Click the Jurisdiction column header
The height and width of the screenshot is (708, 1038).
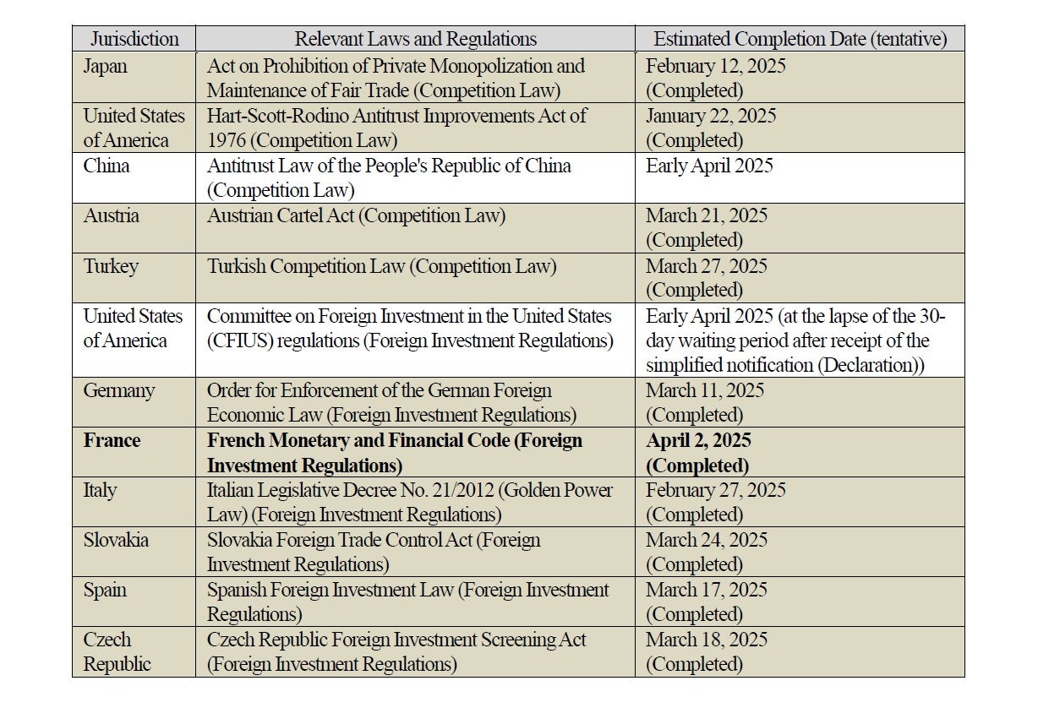[x=134, y=39]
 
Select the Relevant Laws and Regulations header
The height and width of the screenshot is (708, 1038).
[x=415, y=39]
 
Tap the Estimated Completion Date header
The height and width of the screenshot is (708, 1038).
[x=800, y=39]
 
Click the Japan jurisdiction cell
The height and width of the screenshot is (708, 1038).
[x=104, y=66]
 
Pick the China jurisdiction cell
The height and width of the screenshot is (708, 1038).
[x=107, y=166]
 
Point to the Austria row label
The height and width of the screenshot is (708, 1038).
[x=111, y=215]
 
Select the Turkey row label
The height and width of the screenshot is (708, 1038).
[x=111, y=266]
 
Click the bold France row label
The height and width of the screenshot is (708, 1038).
[x=112, y=440]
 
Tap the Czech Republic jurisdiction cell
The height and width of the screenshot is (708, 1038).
[x=117, y=651]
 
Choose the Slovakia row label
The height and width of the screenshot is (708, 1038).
[x=117, y=540]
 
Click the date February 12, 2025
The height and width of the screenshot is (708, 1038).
[x=715, y=66]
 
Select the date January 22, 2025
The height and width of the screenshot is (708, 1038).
[x=711, y=116]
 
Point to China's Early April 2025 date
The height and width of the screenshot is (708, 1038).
[x=709, y=166]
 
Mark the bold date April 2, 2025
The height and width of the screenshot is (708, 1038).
[x=698, y=440]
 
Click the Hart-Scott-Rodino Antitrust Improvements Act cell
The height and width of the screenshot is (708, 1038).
[x=396, y=128]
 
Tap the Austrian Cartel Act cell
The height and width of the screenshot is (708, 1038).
[x=356, y=215]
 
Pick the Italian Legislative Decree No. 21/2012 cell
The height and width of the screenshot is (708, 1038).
[x=409, y=502]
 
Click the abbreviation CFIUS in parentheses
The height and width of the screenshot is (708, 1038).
[x=242, y=340]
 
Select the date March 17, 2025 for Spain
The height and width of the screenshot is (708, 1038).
[x=706, y=590]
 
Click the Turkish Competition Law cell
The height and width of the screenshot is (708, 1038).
[x=381, y=266]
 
